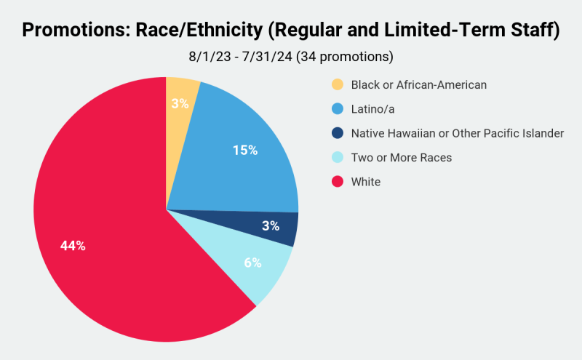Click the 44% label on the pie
(x=73, y=246)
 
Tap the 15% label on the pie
(x=245, y=151)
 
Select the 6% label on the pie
(x=252, y=263)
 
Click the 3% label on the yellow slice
(x=180, y=103)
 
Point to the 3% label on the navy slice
(x=271, y=225)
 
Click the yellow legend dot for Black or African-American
(x=337, y=84)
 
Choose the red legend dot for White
(x=337, y=182)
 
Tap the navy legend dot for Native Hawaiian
(x=337, y=133)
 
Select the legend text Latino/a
(x=374, y=109)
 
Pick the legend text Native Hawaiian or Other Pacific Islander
(x=457, y=133)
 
